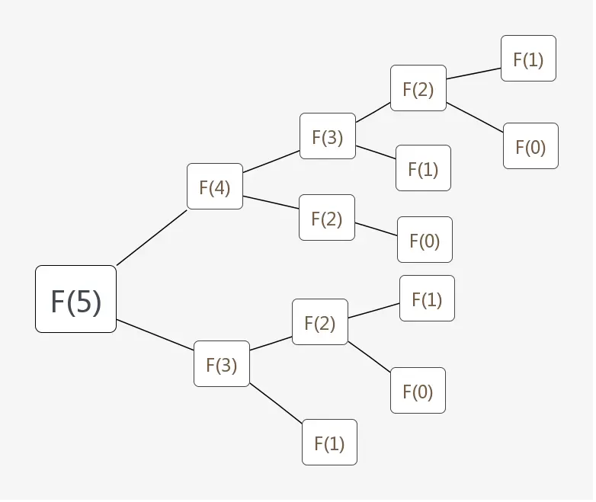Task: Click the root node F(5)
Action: (75, 299)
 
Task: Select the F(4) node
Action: (214, 186)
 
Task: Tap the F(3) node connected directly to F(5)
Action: (221, 363)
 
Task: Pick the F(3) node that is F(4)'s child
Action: (327, 136)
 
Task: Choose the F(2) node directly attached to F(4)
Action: (326, 217)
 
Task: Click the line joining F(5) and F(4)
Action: (151, 237)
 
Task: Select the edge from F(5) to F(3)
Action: (155, 335)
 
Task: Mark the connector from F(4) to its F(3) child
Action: (271, 161)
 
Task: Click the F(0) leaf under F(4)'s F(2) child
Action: (425, 240)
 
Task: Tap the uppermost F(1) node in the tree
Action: (528, 59)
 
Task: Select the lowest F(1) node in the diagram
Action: (329, 442)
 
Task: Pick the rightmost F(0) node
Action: (530, 145)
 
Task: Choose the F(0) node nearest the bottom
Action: (418, 390)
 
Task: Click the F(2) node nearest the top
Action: (418, 88)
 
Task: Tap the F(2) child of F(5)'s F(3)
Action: (319, 321)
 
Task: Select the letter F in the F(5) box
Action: (58, 301)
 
